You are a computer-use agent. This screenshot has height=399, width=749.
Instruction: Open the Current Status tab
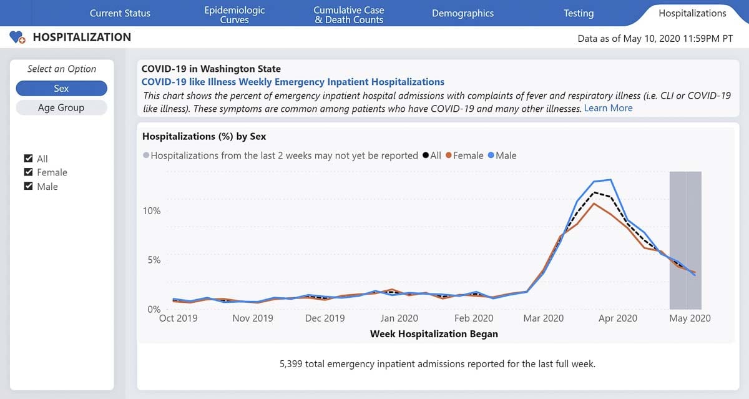tap(120, 13)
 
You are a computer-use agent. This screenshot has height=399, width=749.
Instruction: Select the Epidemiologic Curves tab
tap(234, 14)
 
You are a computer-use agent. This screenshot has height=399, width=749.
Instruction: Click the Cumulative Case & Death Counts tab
tap(349, 14)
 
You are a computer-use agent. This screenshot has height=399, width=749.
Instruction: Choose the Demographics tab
tap(463, 13)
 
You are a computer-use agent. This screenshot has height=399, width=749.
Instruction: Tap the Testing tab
tap(579, 13)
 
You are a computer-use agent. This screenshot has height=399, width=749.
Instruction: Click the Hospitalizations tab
tap(692, 13)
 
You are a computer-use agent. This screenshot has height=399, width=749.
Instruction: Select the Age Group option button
tap(61, 107)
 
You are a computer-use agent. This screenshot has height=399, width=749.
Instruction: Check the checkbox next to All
tap(28, 159)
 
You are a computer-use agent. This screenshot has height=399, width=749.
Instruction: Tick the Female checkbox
tap(28, 172)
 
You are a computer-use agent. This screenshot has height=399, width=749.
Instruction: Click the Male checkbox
tap(28, 186)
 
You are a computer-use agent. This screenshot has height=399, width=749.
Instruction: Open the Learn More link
tap(608, 108)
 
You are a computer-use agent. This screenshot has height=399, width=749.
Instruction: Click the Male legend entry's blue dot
tap(491, 155)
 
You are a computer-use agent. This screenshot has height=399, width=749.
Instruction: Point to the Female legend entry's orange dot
tap(448, 155)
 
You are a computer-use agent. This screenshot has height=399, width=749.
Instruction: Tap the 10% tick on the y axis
tap(152, 211)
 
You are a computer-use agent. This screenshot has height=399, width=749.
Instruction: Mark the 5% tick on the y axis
tap(154, 260)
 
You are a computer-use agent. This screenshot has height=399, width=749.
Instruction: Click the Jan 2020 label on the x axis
tap(399, 318)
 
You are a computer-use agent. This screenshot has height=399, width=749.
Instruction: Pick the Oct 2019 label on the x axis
tap(178, 318)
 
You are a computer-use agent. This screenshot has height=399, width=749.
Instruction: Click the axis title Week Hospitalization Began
tap(434, 334)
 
